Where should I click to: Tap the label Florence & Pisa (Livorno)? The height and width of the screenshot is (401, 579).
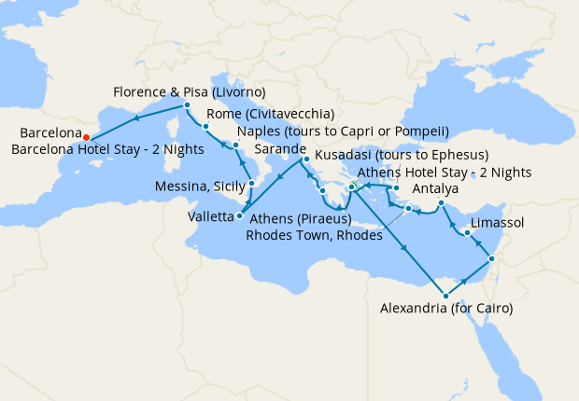pos(190,92)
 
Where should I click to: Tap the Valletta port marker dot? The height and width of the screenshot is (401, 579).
pos(240,216)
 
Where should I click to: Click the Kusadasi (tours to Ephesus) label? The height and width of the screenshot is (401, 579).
pos(402,155)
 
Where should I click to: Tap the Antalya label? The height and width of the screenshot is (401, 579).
pos(434,189)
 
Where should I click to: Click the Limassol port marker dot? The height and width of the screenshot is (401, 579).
pos(466,232)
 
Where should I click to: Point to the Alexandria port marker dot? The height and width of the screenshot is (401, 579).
pos(445,296)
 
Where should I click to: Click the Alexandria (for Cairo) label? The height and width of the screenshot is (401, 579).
pos(446,307)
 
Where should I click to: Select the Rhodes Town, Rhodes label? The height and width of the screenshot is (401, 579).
pos(314,236)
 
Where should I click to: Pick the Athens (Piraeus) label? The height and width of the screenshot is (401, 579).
pos(301,219)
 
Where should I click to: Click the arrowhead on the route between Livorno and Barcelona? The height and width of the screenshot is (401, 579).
pos(136,118)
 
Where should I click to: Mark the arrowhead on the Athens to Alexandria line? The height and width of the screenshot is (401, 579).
pos(403,246)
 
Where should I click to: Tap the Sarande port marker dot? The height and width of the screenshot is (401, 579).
pos(304,159)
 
